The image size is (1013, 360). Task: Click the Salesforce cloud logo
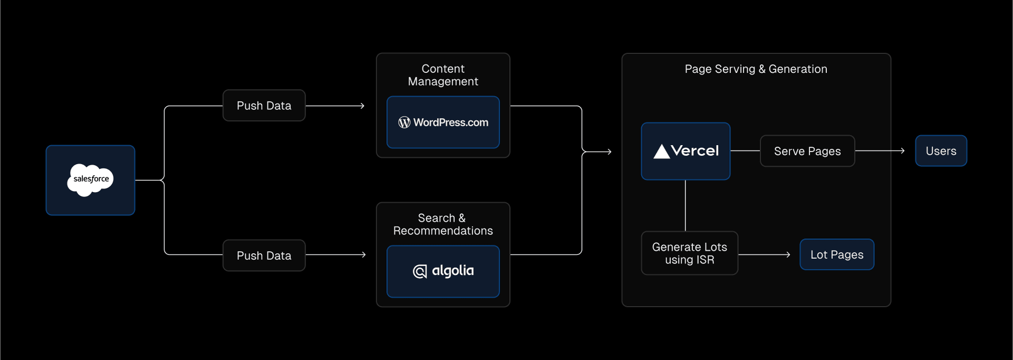(90, 180)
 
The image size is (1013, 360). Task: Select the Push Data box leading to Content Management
(264, 106)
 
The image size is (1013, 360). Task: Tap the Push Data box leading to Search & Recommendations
(264, 255)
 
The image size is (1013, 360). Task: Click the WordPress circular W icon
(404, 122)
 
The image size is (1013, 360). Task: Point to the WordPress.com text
(451, 122)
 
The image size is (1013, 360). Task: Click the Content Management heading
(443, 75)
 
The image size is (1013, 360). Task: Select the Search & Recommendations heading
(443, 224)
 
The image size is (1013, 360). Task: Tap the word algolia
(453, 271)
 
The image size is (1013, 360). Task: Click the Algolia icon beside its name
(419, 271)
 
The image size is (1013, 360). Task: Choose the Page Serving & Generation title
(756, 69)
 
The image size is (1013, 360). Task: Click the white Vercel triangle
(662, 151)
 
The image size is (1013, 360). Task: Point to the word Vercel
(695, 151)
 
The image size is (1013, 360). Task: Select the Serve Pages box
(807, 151)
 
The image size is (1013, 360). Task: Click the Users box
(941, 151)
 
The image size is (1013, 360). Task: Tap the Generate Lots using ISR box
(690, 253)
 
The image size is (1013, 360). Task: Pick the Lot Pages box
(837, 254)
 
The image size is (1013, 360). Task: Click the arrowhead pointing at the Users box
(903, 151)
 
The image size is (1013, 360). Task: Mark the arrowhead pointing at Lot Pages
(788, 254)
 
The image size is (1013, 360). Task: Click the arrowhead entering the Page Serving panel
(609, 152)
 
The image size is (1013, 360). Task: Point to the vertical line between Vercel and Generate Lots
(685, 206)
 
